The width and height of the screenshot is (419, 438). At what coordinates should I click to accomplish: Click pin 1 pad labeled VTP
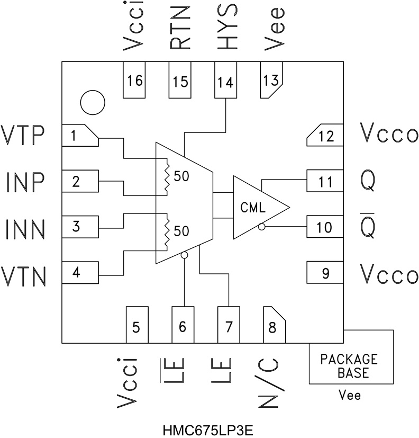79,136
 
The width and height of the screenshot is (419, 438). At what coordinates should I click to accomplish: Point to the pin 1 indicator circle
93,101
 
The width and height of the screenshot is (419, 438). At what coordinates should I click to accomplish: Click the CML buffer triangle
257,207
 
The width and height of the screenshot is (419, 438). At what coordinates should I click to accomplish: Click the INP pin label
26,183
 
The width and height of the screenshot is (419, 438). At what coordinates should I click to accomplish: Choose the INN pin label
26,228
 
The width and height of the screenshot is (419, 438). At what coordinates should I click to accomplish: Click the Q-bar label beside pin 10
369,227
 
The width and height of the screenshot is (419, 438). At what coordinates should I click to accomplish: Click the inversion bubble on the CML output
261,227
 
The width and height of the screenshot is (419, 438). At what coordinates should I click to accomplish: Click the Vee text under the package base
349,395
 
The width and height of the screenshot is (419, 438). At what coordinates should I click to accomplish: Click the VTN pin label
26,274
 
